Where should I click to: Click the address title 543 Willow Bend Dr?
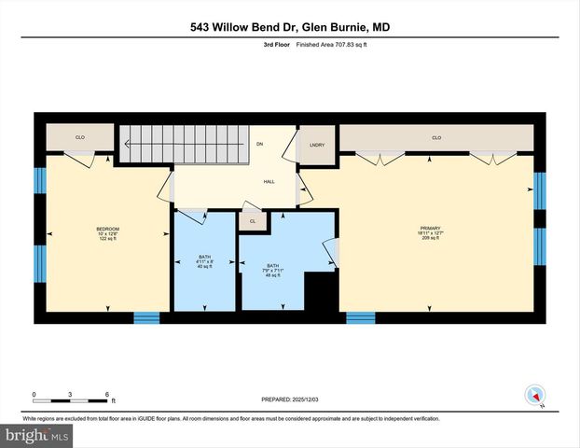point(290,27)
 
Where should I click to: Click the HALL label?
point(268,183)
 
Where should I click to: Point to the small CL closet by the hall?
point(252,221)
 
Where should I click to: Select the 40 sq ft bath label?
point(204,261)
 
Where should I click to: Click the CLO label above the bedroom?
point(80,138)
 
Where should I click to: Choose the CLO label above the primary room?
point(435,138)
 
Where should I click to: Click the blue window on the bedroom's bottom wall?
point(146,317)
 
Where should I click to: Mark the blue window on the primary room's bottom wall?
point(360,317)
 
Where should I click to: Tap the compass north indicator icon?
point(534,395)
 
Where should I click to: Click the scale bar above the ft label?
point(71,399)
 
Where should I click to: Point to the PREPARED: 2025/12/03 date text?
point(290,399)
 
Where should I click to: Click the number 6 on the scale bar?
point(107,394)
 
